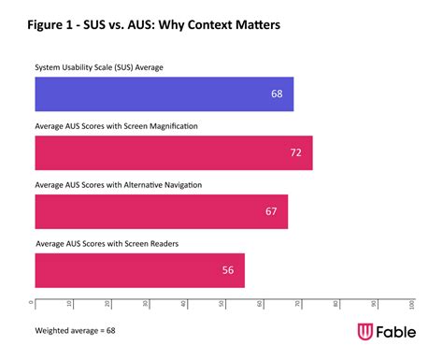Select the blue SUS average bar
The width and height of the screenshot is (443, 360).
pos(164,94)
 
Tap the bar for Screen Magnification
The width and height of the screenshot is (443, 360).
pos(173,151)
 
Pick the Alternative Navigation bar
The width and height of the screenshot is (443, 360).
pos(161,210)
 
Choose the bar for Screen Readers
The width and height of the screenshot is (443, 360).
pos(139,269)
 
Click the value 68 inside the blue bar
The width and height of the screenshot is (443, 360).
pos(277,94)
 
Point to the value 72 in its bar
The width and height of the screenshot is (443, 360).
pos(295,151)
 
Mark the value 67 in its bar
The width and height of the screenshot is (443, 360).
pos(271,211)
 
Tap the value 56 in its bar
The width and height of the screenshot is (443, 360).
pos(228,269)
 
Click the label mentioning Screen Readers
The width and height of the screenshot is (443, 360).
pos(107,243)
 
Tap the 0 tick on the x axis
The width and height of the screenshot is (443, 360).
pos(34,303)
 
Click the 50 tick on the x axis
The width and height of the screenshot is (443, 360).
pos(223,304)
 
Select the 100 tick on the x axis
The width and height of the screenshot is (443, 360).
pos(412,305)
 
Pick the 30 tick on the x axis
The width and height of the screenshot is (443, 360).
pos(148,304)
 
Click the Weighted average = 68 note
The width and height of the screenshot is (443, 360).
pos(75,330)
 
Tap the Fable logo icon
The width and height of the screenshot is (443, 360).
pos(367,333)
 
